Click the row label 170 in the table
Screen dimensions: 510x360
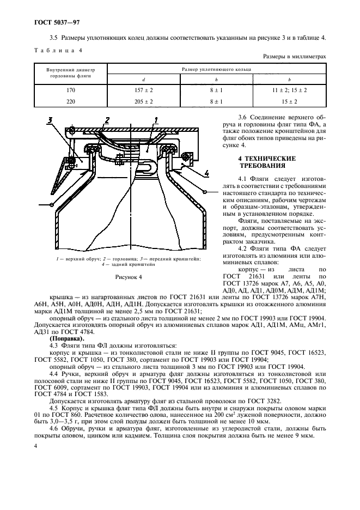(x=70, y=90)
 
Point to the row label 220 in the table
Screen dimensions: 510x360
(x=70, y=101)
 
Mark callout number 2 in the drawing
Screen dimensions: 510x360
(x=107, y=120)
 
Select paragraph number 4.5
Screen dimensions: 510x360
(x=53, y=408)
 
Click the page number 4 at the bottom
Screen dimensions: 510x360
(x=35, y=446)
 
